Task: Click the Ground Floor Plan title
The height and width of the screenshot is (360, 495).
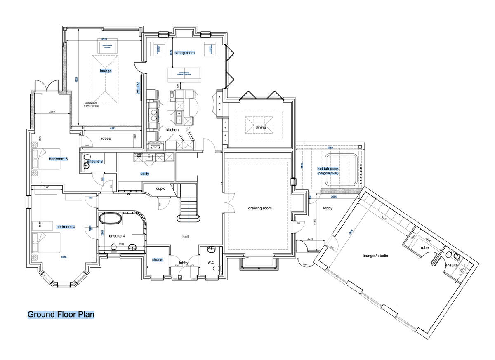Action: coord(61,315)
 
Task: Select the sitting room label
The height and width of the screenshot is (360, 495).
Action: coord(184,53)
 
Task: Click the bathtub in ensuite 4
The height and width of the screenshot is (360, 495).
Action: coord(110,218)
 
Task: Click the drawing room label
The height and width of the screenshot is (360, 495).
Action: coord(260,208)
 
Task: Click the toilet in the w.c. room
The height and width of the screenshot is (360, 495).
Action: coord(215,268)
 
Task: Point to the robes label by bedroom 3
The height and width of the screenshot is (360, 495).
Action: coord(106,139)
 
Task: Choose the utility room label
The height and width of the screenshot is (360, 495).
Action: coord(145,174)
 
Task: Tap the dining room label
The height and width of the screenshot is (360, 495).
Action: coord(261,127)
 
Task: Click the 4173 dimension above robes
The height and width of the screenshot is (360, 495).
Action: coord(113,129)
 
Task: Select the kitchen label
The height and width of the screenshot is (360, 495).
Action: coord(172,130)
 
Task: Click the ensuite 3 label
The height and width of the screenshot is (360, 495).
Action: coord(95,161)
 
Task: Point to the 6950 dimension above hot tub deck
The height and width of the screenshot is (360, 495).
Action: coord(330,147)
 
